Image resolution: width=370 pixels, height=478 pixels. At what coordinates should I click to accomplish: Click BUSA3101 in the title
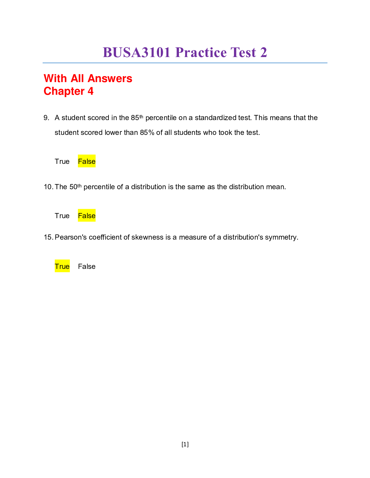click(137, 53)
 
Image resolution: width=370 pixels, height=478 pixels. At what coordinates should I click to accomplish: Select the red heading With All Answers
click(88, 78)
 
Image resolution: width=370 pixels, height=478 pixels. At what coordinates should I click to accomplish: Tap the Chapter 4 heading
click(69, 91)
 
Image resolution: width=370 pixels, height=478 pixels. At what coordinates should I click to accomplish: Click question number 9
click(46, 118)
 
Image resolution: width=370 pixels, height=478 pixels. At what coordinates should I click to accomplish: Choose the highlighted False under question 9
click(87, 161)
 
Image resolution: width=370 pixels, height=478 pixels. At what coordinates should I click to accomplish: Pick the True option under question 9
click(62, 161)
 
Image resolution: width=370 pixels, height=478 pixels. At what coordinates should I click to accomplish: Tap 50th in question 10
click(75, 187)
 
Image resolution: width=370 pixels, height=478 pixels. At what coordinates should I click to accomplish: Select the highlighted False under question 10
click(87, 216)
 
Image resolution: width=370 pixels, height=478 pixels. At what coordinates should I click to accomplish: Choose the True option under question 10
click(62, 216)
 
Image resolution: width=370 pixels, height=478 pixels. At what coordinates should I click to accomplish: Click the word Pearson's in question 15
click(71, 237)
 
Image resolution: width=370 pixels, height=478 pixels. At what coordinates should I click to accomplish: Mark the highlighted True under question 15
click(62, 266)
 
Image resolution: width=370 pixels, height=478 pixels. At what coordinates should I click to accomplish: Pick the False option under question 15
click(87, 266)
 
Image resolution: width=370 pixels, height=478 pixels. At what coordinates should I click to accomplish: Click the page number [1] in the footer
click(185, 444)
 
